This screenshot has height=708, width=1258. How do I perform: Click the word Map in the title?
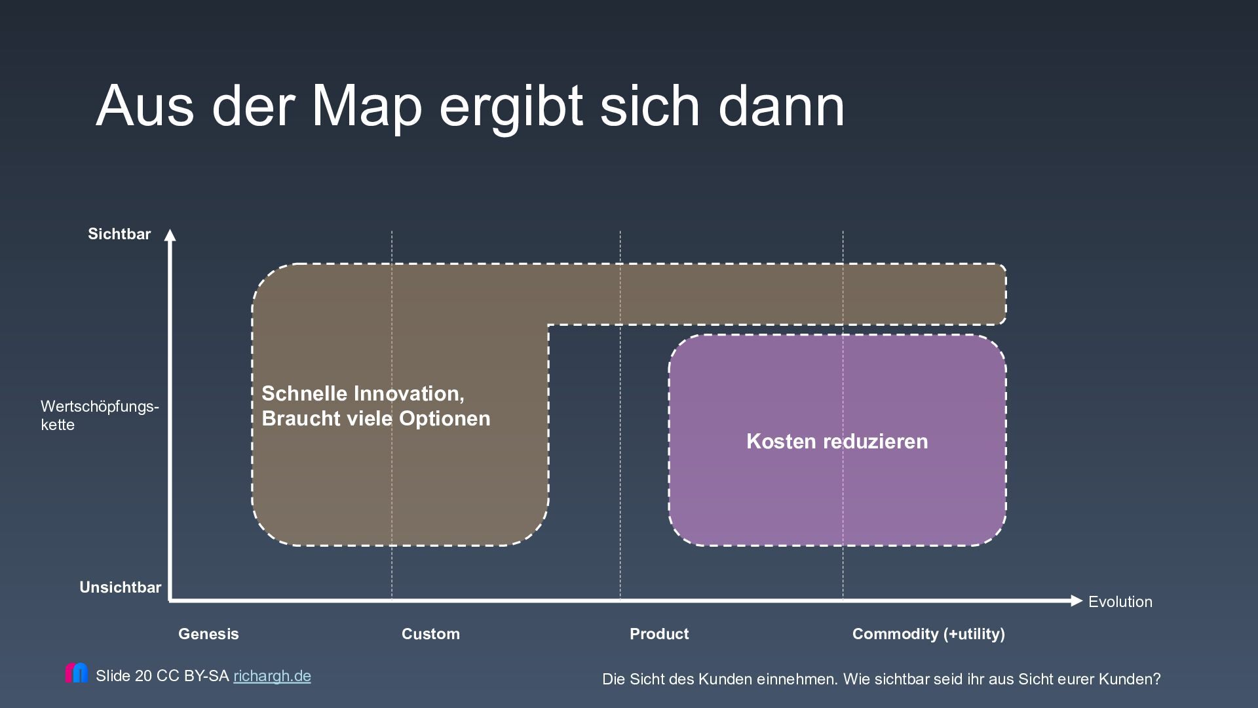(366, 106)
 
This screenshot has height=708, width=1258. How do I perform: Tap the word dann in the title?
(781, 106)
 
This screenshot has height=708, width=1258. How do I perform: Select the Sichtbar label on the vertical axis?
(119, 234)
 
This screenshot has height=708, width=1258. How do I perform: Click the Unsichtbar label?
(120, 587)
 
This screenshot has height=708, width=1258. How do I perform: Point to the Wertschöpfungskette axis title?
(100, 415)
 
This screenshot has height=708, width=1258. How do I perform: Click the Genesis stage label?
(208, 634)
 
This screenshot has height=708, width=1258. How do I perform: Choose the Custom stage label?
(430, 634)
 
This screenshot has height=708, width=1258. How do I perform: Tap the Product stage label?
(659, 634)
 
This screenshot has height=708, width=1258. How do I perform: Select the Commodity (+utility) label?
(928, 634)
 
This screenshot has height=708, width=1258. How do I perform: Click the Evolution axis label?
(1120, 602)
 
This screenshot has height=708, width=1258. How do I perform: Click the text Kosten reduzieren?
(837, 441)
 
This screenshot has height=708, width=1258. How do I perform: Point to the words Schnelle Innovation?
(362, 393)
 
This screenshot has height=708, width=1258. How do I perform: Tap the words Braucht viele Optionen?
(375, 419)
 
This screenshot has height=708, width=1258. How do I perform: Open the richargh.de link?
(272, 676)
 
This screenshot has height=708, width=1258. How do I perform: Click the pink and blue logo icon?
(76, 673)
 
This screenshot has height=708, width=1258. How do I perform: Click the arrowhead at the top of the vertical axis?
(170, 235)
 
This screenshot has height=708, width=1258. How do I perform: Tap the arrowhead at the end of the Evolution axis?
(1076, 600)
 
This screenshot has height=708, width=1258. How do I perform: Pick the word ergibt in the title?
(510, 106)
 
